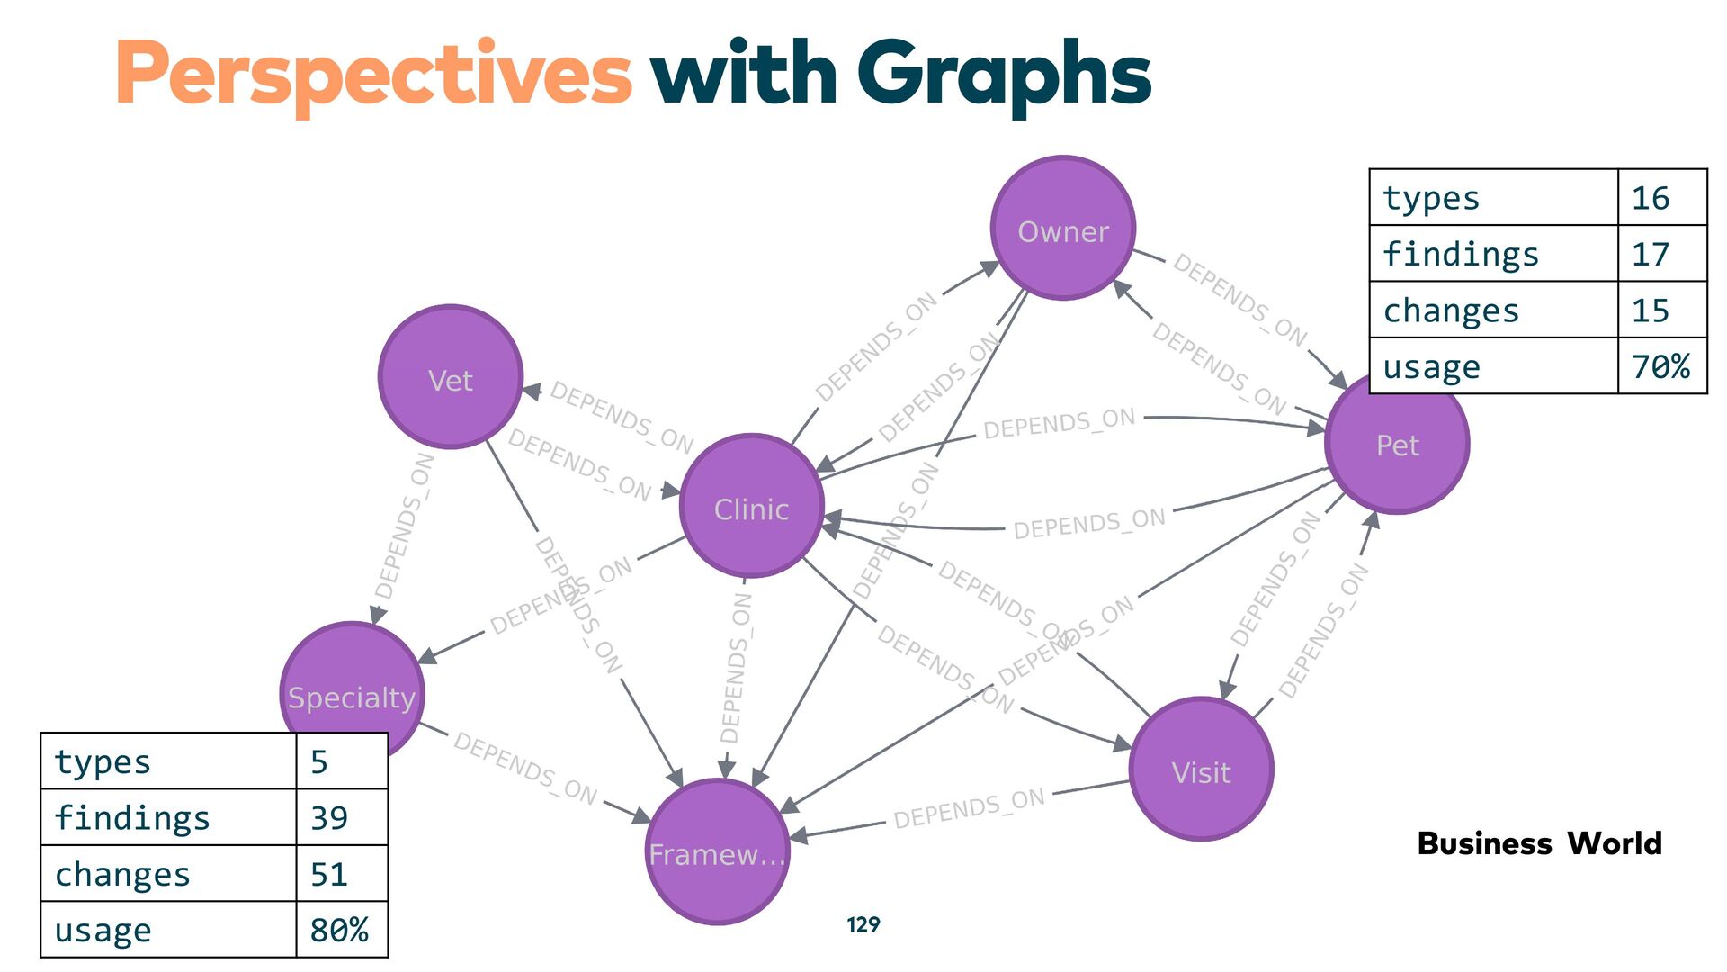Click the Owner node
click(1062, 229)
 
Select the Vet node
click(451, 377)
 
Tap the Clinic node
click(751, 507)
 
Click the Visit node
click(1201, 769)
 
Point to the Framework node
click(717, 851)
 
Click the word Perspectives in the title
click(373, 74)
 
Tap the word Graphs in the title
click(1004, 74)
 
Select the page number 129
click(863, 924)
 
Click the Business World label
click(1539, 843)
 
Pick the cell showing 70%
click(1660, 366)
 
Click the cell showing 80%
click(339, 930)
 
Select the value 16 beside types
click(1651, 198)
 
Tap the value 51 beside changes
click(329, 874)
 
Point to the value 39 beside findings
click(329, 817)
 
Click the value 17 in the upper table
click(1651, 254)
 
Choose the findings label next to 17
click(1461, 254)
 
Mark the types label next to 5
click(103, 761)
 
